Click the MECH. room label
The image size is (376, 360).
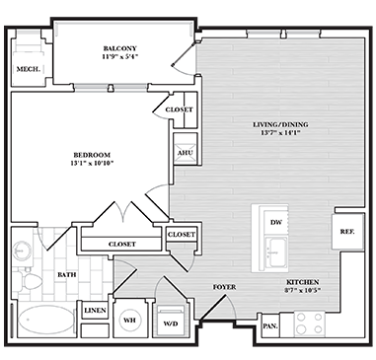[29, 69]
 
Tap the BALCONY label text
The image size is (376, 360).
[120, 48]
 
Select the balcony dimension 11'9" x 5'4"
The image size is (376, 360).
[120, 56]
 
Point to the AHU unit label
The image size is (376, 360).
[186, 153]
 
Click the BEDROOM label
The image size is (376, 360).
[92, 155]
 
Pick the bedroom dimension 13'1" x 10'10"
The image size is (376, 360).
[92, 163]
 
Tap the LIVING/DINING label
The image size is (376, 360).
[280, 124]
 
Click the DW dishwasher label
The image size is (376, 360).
[276, 223]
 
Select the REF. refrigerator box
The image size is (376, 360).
[347, 232]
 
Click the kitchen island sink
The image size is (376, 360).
[276, 252]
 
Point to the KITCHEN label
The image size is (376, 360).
[303, 282]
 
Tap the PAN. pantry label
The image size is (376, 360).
[270, 326]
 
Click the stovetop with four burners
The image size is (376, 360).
[309, 324]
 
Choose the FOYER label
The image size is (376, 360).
[224, 287]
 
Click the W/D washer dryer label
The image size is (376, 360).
[171, 324]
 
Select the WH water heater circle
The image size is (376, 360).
[129, 320]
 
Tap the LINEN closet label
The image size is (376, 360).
[95, 311]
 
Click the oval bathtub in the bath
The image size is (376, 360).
[46, 320]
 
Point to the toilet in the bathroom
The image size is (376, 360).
[29, 281]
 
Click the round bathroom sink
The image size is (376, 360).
[22, 252]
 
